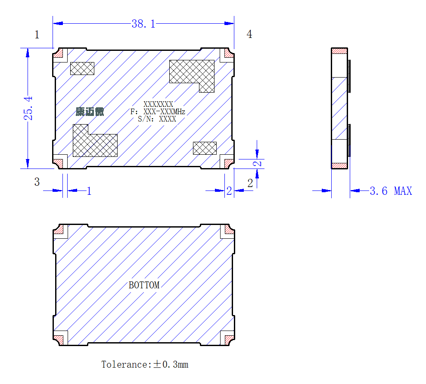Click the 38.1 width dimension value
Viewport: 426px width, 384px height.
[143, 24]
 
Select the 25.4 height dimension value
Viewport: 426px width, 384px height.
[28, 108]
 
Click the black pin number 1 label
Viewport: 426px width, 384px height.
[37, 35]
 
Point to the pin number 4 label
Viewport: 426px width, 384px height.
[249, 34]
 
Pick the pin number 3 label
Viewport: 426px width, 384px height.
[37, 182]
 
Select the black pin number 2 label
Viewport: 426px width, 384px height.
[250, 183]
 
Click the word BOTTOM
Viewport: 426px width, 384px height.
[144, 285]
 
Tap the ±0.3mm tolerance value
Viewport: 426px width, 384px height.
[171, 365]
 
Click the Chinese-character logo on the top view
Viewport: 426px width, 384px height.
[90, 112]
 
